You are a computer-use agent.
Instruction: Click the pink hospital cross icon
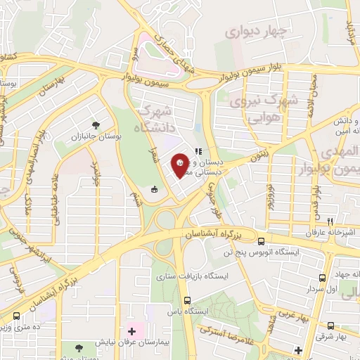pos(132,330)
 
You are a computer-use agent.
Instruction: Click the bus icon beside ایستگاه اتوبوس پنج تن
pos(261,240)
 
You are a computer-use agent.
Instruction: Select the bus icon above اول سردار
pos(322,278)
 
